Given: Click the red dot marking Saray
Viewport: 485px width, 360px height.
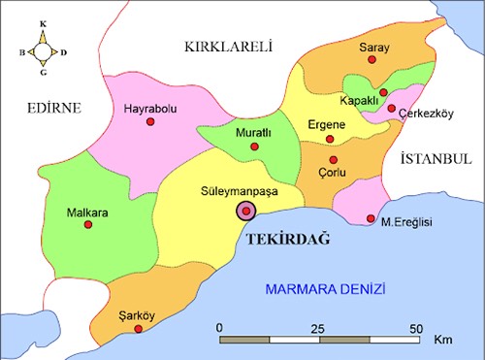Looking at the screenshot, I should point(372,60).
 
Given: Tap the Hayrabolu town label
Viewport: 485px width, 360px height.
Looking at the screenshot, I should point(150,109).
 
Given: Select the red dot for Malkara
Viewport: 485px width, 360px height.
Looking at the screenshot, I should point(88,224).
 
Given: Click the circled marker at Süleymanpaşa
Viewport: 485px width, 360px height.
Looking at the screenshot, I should point(246,212).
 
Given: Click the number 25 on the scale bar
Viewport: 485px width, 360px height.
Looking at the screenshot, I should point(315,327).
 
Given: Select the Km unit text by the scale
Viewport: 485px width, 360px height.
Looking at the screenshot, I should point(443,342).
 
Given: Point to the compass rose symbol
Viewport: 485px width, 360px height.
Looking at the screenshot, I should point(42,46).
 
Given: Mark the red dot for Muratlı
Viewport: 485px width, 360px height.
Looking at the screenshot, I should point(254,147).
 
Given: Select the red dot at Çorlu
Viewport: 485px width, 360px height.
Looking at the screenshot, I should point(333,160).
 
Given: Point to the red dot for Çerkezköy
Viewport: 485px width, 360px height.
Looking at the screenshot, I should point(391,109).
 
